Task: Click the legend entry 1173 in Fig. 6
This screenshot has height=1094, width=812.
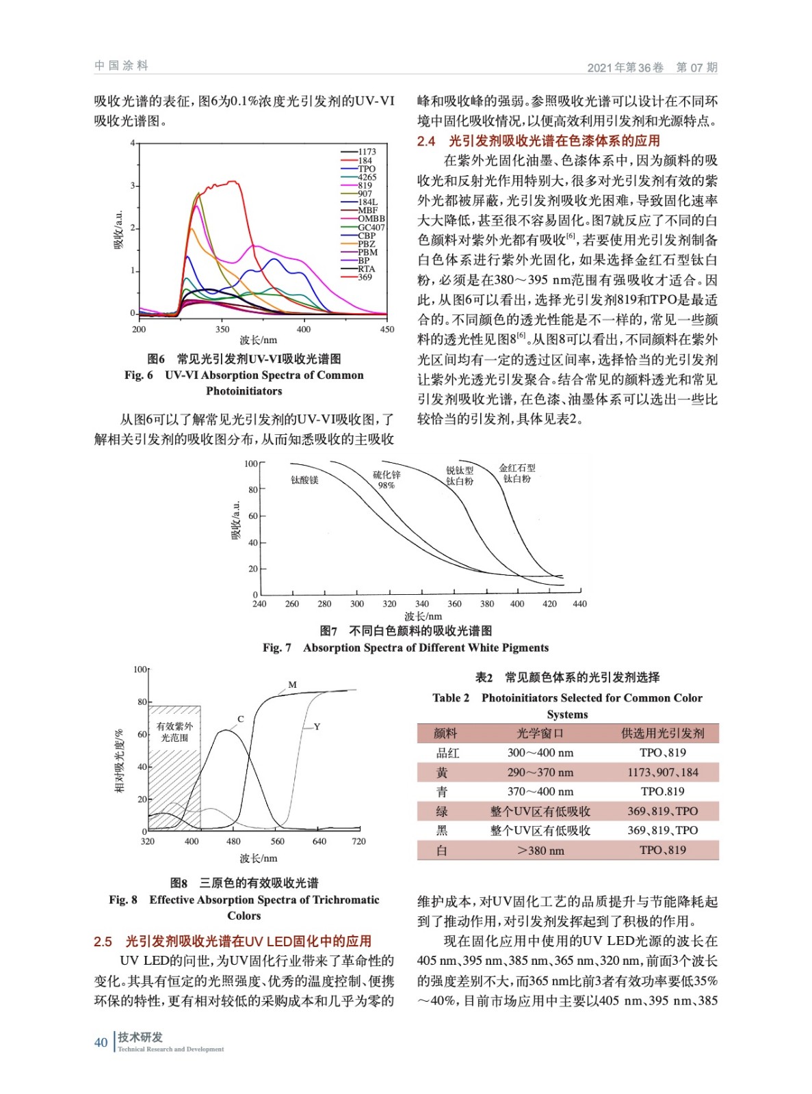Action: (367, 152)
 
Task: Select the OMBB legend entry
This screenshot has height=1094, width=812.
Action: (371, 219)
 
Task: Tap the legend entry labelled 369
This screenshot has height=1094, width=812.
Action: (365, 277)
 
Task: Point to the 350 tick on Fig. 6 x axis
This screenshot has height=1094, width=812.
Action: (222, 329)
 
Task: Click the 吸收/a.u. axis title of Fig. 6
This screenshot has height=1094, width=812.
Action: (118, 230)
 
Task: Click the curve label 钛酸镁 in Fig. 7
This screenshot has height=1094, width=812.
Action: (304, 480)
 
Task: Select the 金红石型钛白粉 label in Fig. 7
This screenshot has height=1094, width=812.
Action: (517, 473)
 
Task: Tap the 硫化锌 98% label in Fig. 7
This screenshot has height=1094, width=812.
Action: (387, 479)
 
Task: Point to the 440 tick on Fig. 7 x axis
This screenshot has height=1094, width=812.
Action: (579, 604)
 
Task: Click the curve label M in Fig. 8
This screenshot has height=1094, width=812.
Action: (292, 684)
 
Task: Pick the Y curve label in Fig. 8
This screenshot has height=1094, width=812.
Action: (317, 726)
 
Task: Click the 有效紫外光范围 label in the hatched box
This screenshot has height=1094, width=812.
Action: (174, 732)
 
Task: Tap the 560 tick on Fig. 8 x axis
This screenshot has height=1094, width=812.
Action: (277, 841)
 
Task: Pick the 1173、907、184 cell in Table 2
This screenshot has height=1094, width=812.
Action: (662, 772)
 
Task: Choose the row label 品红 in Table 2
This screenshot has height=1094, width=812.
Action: (447, 753)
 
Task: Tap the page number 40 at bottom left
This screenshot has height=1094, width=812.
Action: (101, 1042)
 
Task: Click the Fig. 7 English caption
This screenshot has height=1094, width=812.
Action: (405, 648)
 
